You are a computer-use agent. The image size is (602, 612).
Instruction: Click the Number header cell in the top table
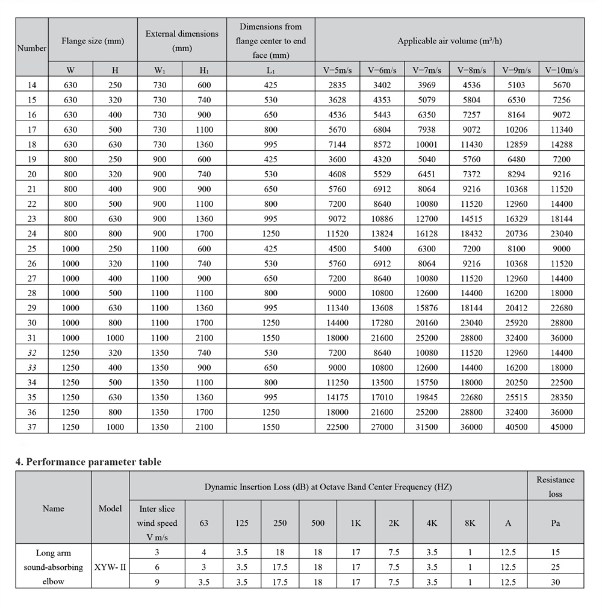pos(32,48)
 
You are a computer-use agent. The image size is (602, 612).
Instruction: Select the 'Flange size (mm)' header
pos(93,41)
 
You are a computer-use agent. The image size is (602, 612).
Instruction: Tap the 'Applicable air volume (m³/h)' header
pos(449,41)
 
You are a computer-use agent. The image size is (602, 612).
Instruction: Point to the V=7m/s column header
pos(427,70)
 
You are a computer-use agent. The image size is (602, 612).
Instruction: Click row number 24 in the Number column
pos(32,233)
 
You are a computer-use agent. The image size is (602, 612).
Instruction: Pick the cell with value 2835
pos(337,85)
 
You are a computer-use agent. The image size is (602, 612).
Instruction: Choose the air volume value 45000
pos(561,427)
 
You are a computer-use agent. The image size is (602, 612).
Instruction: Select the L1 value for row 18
pos(270,145)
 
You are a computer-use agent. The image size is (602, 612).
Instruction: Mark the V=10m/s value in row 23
pos(561,219)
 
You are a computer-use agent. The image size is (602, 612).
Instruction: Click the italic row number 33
pos(32,368)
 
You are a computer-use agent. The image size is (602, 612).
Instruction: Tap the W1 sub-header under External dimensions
pos(160,70)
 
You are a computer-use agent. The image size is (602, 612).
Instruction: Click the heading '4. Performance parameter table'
pos(88,462)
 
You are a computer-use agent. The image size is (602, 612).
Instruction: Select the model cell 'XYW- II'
pos(110,567)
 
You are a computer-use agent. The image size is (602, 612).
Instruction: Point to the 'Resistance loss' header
pos(555,487)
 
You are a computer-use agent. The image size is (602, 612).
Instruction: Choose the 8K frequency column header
pos(470,523)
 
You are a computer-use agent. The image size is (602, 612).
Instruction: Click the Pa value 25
pos(555,567)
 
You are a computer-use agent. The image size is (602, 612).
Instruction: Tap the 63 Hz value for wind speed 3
pos(203,552)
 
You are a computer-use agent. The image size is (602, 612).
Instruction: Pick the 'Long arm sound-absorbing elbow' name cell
pos(54,567)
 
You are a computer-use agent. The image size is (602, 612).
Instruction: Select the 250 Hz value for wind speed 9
pos(280,582)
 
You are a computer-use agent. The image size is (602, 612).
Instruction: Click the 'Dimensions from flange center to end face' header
pos(270,41)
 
